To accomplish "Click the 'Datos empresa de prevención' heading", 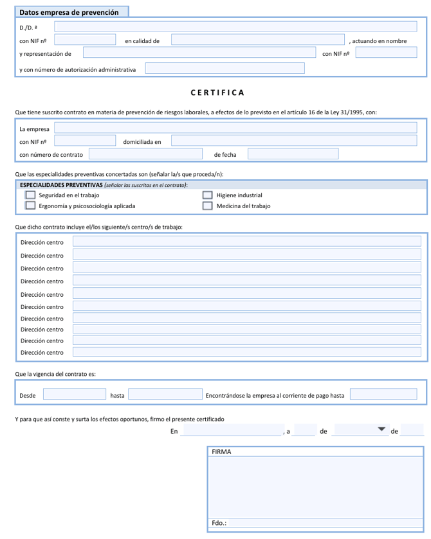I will click(69, 12).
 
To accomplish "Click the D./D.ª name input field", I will click(235, 27).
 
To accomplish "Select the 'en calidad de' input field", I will click(258, 40).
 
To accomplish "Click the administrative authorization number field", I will click(225, 68).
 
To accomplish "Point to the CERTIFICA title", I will click(217, 93).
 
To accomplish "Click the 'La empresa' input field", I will click(235, 128).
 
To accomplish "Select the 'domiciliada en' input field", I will click(293, 141).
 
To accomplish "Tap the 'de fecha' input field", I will click(293, 154).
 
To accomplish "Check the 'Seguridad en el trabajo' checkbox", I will click(30, 195).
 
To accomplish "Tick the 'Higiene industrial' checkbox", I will click(207, 195).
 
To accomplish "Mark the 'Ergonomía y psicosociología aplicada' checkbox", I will click(30, 206).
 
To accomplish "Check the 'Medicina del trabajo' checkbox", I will click(207, 206).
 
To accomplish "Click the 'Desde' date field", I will click(74, 394).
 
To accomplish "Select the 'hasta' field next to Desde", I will click(165, 394).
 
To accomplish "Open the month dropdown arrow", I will click(381, 429).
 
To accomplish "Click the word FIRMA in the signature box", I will click(221, 452).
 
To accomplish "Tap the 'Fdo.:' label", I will click(219, 523).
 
